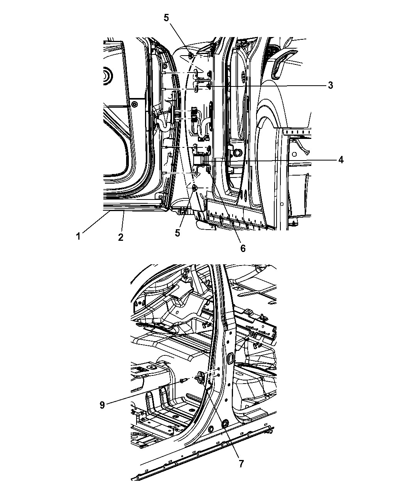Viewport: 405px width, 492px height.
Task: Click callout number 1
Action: (x=78, y=236)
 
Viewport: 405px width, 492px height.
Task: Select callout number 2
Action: (x=121, y=237)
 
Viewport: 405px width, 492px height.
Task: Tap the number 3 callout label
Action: (x=331, y=85)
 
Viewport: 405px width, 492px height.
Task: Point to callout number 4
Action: (x=341, y=160)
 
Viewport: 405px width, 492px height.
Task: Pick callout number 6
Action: (x=243, y=248)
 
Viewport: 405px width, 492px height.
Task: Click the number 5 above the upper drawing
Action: (x=166, y=18)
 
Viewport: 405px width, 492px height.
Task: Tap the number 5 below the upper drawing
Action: (x=177, y=233)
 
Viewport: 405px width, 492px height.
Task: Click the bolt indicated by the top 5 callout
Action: (x=191, y=56)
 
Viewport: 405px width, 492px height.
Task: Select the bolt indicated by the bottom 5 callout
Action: (x=195, y=188)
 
